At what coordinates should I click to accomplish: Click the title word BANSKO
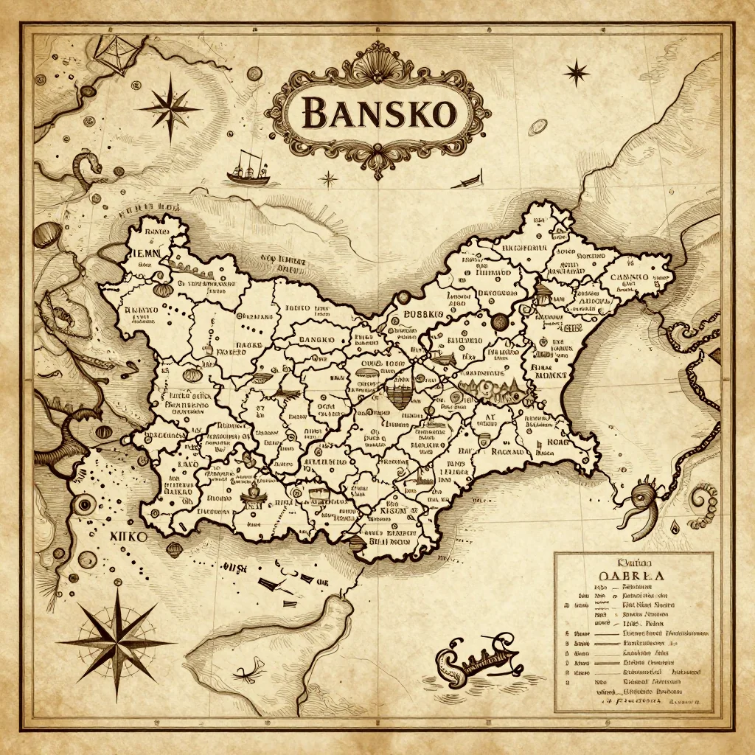377,114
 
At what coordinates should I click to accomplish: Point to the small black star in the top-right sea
577,72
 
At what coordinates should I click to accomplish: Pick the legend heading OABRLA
632,574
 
